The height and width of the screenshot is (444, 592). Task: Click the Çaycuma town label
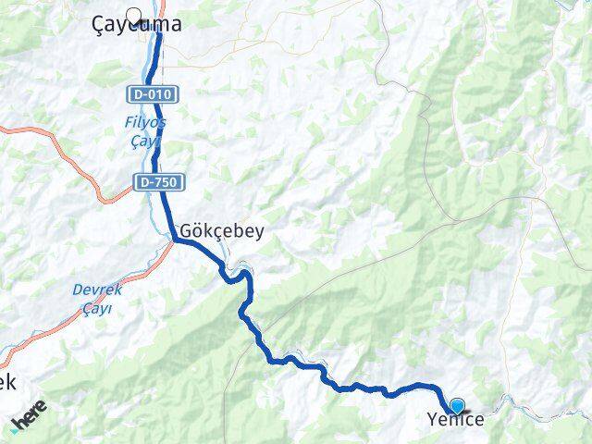(138, 27)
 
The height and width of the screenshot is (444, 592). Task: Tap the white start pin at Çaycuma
(136, 15)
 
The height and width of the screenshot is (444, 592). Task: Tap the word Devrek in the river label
(92, 290)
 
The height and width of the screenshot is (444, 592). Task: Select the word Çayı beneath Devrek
(97, 308)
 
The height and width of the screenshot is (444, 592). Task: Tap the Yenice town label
(455, 420)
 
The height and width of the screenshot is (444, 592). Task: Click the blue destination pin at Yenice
(457, 405)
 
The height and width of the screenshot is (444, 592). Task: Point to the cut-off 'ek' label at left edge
(7, 380)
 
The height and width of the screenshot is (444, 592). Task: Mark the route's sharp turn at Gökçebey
(175, 240)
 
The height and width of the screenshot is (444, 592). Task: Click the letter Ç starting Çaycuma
(100, 27)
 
